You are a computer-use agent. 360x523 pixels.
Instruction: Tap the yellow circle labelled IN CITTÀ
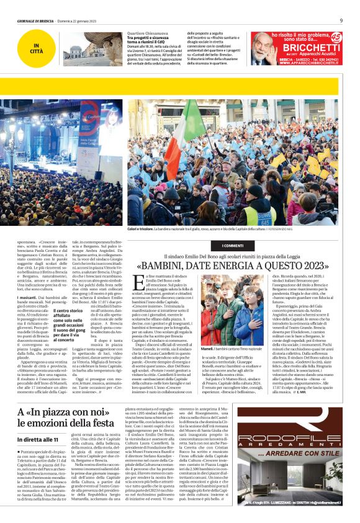38,47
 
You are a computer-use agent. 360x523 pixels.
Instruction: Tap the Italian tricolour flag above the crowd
197,125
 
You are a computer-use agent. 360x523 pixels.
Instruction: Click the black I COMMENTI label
233,246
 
